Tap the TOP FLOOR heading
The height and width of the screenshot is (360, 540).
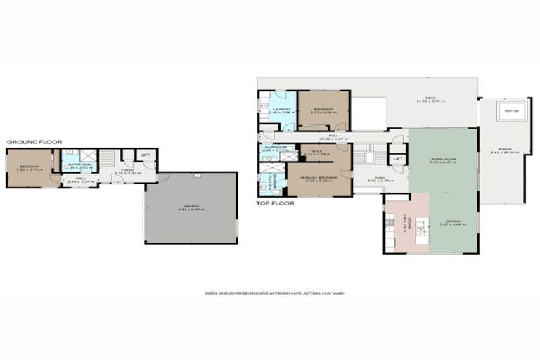[275, 202]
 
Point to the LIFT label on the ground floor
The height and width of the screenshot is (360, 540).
[146, 154]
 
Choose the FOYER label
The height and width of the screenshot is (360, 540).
[127, 169]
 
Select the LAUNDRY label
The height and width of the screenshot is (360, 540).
[282, 110]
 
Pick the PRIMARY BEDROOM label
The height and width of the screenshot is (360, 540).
[320, 179]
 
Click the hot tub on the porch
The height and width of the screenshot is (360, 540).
[512, 110]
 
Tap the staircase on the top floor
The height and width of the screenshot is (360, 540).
[366, 155]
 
